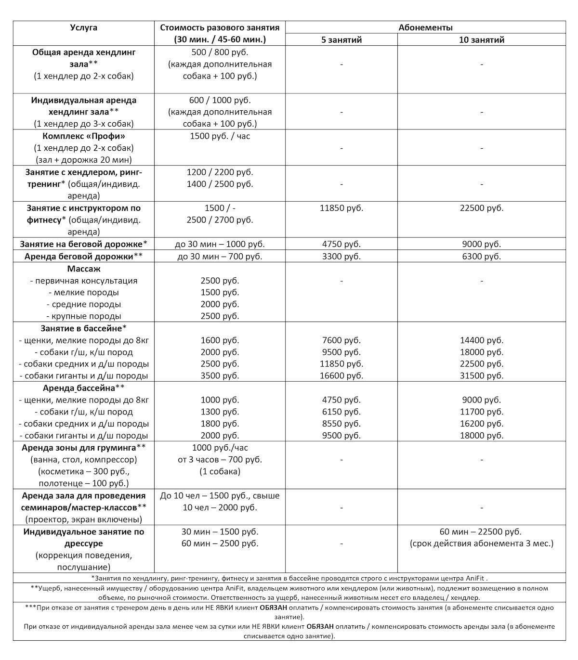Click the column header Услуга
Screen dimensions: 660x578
[x=83, y=27]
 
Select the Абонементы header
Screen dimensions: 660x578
[x=425, y=27]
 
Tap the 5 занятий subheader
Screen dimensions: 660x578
[x=342, y=40]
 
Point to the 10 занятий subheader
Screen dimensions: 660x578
[x=482, y=40]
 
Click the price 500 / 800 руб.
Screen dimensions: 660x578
[x=220, y=52]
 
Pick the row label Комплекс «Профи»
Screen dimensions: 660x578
[x=83, y=136]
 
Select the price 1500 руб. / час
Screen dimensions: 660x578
[x=220, y=136]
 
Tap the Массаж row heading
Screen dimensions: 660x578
[x=83, y=269]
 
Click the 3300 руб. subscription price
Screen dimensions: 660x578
[x=342, y=257]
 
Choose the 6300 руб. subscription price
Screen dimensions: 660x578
[x=482, y=257]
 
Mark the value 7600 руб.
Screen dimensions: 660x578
[x=342, y=340]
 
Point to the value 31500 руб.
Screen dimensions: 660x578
[x=482, y=376]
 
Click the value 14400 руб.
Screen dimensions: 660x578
[x=482, y=340]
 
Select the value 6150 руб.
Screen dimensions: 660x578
[x=342, y=412]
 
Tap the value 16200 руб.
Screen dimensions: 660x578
[x=482, y=424]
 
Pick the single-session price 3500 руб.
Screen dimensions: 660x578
[x=220, y=376]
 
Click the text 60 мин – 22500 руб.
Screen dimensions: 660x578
[x=482, y=532]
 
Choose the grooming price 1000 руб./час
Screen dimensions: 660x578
[x=220, y=448]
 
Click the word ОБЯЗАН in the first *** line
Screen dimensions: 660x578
[x=274, y=608]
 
